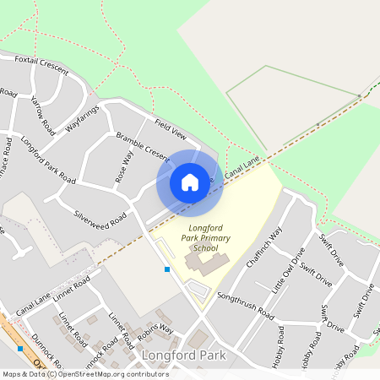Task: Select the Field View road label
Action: point(170,128)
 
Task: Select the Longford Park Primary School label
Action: point(193,237)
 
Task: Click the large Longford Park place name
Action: point(184,356)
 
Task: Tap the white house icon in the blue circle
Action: point(190,182)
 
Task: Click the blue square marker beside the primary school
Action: point(167,269)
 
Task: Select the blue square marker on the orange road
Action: point(19,348)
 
